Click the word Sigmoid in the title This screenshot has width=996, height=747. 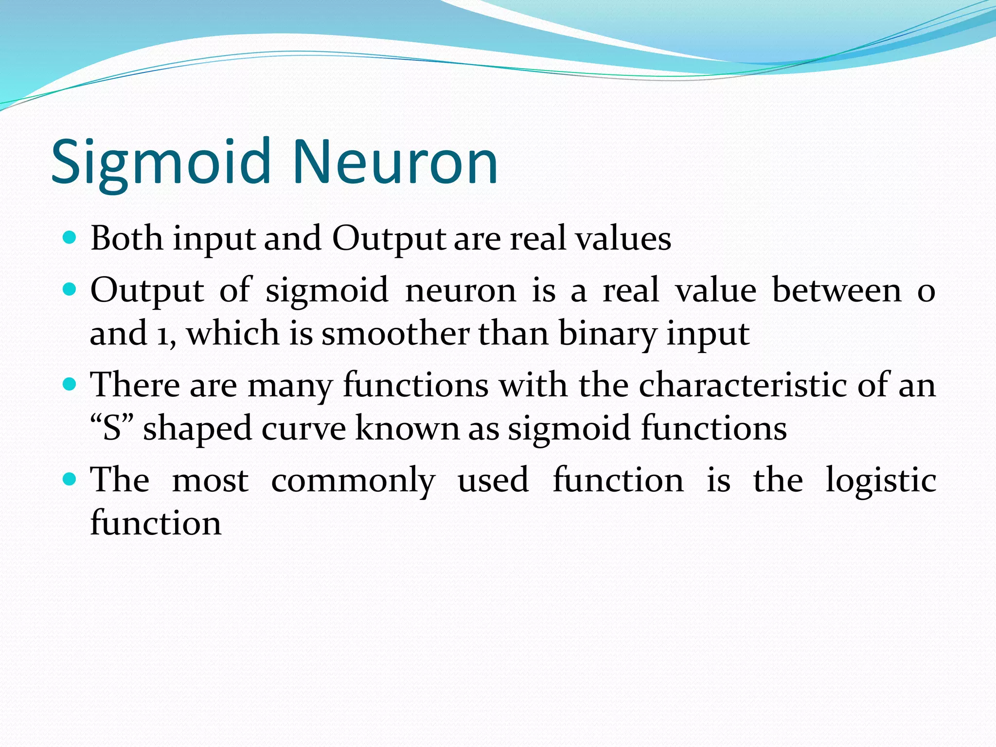pyautogui.click(x=160, y=163)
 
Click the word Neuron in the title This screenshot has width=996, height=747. pyautogui.click(x=395, y=163)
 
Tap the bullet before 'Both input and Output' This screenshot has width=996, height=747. pyautogui.click(x=70, y=238)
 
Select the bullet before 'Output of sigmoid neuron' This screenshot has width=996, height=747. pyautogui.click(x=70, y=290)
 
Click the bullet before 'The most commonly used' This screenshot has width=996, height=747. pyautogui.click(x=70, y=480)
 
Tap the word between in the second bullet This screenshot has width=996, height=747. pyautogui.click(x=837, y=290)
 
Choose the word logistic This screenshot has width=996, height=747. pyautogui.click(x=881, y=480)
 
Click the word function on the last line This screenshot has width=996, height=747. pyautogui.click(x=156, y=523)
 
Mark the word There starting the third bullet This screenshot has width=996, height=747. pyautogui.click(x=135, y=385)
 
